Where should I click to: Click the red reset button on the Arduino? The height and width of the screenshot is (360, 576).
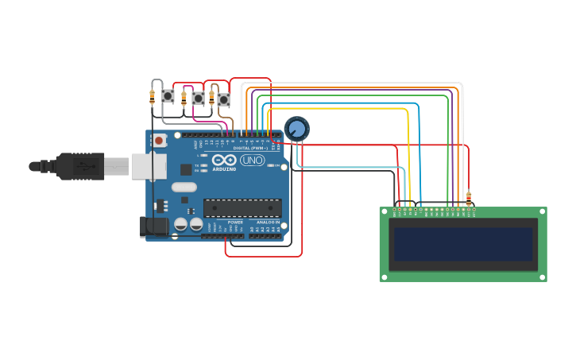(x=159, y=141)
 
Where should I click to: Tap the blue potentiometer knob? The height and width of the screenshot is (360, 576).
(x=296, y=128)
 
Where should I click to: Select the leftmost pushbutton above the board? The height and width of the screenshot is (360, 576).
(x=168, y=95)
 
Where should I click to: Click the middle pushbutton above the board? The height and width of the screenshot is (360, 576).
(x=198, y=98)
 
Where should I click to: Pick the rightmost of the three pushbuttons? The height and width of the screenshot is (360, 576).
(x=223, y=99)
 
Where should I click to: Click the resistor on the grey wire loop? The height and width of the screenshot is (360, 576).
(x=152, y=97)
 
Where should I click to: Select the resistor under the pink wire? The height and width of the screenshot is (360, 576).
(x=184, y=98)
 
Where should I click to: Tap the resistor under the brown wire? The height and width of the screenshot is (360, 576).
(x=211, y=99)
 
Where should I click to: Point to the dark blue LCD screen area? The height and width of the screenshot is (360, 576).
(x=463, y=244)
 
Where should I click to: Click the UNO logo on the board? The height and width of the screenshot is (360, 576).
(x=252, y=161)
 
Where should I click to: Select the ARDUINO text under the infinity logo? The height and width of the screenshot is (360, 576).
(x=224, y=169)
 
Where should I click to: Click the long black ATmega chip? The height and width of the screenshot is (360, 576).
(x=242, y=207)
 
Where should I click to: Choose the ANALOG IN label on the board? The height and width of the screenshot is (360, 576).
(x=267, y=222)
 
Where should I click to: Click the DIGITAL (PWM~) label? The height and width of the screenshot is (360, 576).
(x=253, y=149)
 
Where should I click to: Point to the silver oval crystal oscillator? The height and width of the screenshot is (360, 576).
(x=184, y=188)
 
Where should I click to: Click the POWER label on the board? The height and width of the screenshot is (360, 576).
(x=235, y=222)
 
